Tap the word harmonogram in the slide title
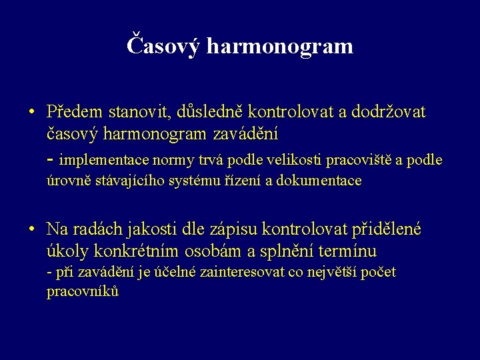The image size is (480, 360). (280, 46)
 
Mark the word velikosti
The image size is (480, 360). (293, 160)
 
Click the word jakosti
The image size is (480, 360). (151, 230)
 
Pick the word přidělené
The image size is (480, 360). (387, 230)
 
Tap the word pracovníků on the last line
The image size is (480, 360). (82, 292)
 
